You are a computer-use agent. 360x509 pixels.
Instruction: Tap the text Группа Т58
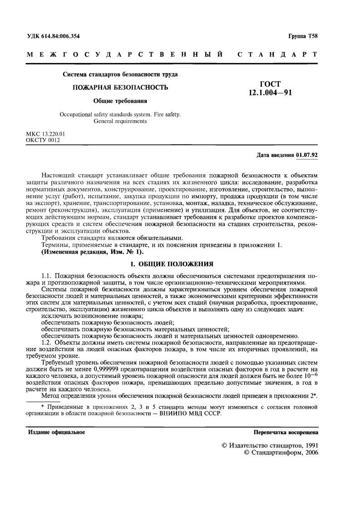303,36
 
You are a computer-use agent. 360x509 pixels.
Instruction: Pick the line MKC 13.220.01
46,134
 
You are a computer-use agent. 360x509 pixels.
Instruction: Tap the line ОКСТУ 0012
43,140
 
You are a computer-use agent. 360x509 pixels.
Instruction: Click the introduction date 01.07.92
307,155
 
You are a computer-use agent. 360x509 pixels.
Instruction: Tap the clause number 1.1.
47,275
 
